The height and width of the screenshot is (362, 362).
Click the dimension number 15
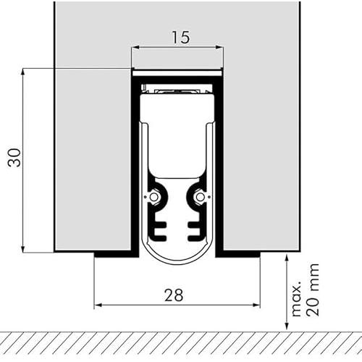tap(181, 38)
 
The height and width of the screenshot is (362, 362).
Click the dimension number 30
tap(14, 158)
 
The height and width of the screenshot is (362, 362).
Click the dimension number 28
tap(174, 295)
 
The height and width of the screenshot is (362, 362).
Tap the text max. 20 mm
tap(306, 290)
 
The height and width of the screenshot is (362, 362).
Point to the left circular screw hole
tap(153, 197)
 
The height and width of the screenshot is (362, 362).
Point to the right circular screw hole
tap(200, 197)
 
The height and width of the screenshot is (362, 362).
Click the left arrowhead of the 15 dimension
tap(135, 47)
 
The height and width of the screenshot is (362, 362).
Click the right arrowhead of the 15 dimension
tap(219, 47)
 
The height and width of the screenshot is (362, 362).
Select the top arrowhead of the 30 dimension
tap(23, 72)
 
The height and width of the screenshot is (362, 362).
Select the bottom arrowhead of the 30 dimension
tap(23, 248)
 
